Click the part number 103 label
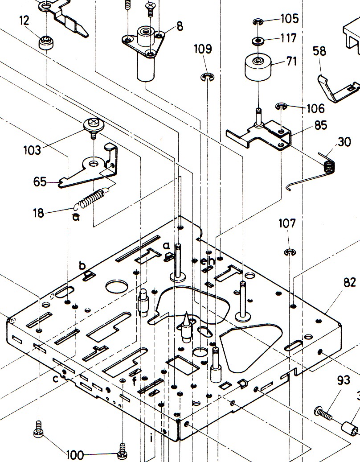click(x=32, y=150)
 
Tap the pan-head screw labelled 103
click(x=94, y=127)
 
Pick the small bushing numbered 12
click(x=46, y=43)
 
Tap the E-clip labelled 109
click(x=208, y=77)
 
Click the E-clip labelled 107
click(x=290, y=252)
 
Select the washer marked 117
click(x=258, y=41)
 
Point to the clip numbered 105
click(x=258, y=21)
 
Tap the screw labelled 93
click(x=323, y=413)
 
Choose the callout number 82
click(x=350, y=283)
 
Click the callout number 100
click(x=75, y=455)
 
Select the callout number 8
click(x=180, y=26)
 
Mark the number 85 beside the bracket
click(x=320, y=125)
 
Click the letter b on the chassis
click(x=82, y=265)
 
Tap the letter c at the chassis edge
click(x=55, y=379)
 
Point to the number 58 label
click(x=319, y=51)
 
